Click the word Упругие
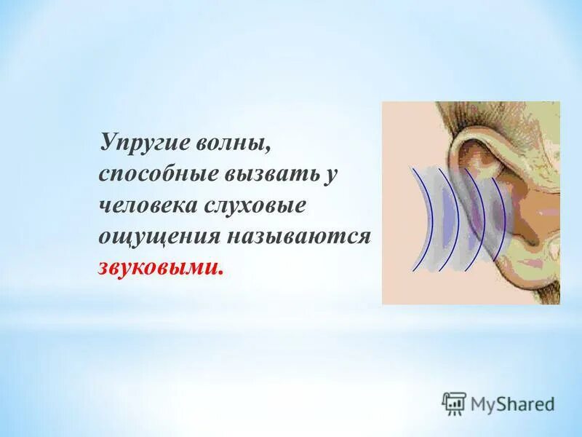tap(143, 141)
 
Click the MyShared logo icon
tap(454, 403)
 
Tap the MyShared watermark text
tap(512, 403)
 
